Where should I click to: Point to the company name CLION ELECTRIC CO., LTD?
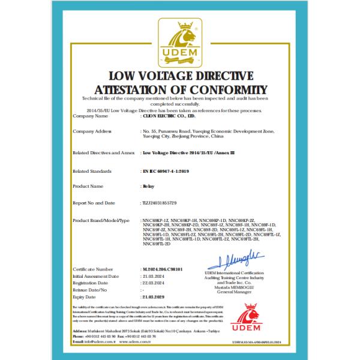coord(168,116)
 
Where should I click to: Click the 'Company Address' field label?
coord(92,130)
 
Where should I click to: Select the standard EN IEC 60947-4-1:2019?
coord(166,170)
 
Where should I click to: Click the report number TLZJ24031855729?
coord(161,203)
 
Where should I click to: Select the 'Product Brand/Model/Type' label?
coord(101,221)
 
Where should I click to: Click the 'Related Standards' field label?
coord(91,170)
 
